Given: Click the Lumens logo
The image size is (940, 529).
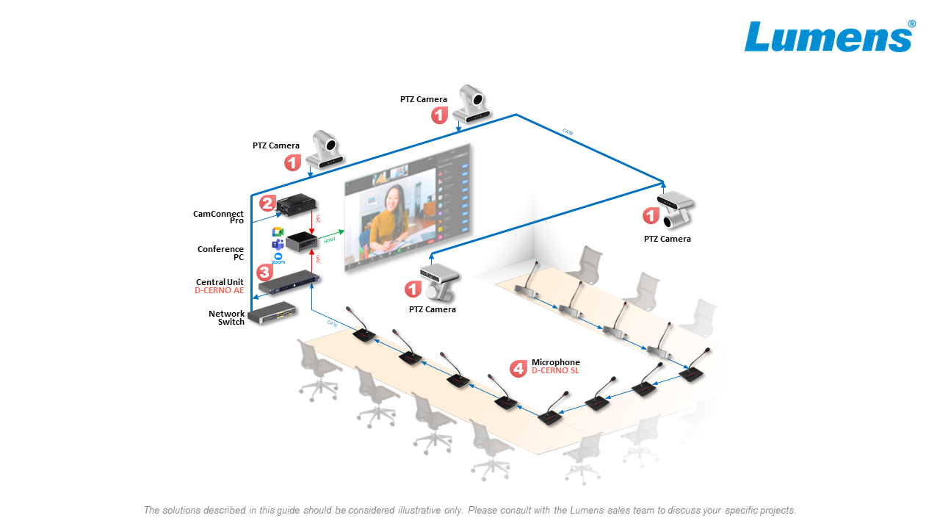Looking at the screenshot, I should pos(828,37).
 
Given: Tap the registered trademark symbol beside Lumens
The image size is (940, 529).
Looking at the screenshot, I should pos(911,24).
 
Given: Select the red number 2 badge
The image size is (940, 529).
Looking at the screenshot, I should pos(267,204).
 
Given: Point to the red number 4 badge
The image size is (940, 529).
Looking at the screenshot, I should pos(518,367).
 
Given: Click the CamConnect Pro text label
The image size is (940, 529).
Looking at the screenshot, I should pos(218,217).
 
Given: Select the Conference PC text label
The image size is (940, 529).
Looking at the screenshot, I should pos(220,253).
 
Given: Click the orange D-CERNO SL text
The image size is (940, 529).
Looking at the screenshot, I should pos(555,371).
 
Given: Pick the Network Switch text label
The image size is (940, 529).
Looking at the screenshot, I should pos(226,318).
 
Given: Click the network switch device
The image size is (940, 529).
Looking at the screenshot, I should pos(274,314).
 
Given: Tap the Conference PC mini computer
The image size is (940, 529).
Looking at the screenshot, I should pos(301,242).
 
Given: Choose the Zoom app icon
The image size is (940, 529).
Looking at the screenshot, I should pos(278,258).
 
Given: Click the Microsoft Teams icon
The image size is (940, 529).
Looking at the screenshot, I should pos(278,244).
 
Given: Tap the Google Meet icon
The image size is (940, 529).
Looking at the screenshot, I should pos(278,232).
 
